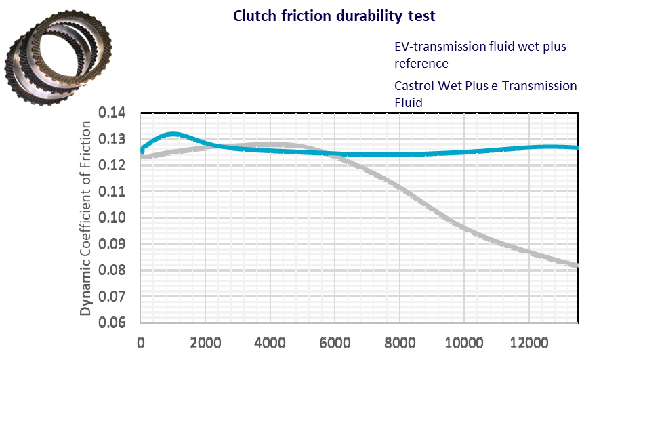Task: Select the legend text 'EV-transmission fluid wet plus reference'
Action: pyautogui.click(x=480, y=55)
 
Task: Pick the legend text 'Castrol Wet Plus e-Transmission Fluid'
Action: pyautogui.click(x=485, y=94)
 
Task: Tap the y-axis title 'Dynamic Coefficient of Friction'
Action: pyautogui.click(x=86, y=218)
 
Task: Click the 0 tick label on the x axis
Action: pyautogui.click(x=141, y=342)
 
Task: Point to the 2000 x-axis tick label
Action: pyautogui.click(x=205, y=342)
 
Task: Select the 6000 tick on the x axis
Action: pyautogui.click(x=335, y=342)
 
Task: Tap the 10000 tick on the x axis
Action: pyautogui.click(x=464, y=342)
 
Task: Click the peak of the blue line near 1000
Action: pyautogui.click(x=172, y=134)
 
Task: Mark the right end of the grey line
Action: pyautogui.click(x=576, y=266)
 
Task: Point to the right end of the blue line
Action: pyautogui.click(x=576, y=147)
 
